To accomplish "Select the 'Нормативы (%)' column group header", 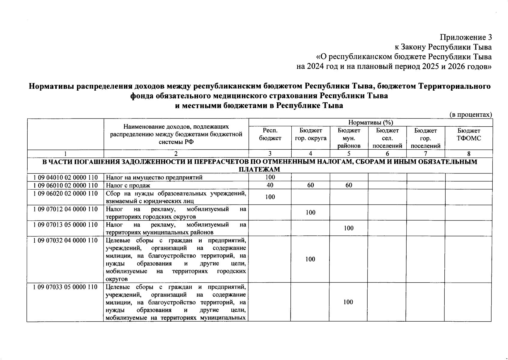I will click(x=371, y=122).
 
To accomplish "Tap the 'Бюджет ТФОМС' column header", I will click(x=468, y=134).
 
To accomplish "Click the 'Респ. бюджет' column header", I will click(x=270, y=134).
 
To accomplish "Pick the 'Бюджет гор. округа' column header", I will click(x=311, y=134).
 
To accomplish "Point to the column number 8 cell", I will click(x=468, y=154).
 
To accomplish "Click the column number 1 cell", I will click(x=65, y=154).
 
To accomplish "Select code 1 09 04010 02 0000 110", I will click(x=65, y=177).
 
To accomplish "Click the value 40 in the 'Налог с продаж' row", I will click(x=270, y=185).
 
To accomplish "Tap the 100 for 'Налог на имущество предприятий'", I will click(x=270, y=177).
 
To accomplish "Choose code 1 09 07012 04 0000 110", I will click(x=65, y=209).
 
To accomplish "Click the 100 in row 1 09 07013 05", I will click(x=349, y=228).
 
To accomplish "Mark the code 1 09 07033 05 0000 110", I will click(x=65, y=287).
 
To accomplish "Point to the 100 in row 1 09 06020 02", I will click(x=270, y=197).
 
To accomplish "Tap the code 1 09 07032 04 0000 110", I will click(x=65, y=240).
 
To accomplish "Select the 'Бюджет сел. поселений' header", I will click(x=387, y=138).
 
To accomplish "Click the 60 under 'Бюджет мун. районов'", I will click(x=349, y=185).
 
